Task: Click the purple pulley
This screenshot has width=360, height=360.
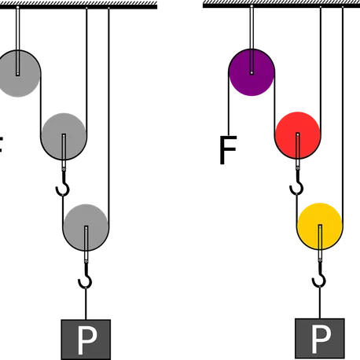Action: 252,72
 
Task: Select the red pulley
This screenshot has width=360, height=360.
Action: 297,135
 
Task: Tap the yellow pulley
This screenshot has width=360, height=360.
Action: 320,226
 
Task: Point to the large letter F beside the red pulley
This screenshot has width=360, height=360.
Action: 228,150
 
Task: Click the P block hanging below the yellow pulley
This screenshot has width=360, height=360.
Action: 320,339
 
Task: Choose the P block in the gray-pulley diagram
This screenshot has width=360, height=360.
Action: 86,340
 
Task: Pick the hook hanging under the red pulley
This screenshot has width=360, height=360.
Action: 297,183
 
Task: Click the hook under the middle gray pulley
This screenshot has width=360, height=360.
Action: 63,184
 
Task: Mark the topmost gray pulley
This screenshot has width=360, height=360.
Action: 18,73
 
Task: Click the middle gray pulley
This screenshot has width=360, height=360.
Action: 64,137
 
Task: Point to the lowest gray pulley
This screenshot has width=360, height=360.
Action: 86,227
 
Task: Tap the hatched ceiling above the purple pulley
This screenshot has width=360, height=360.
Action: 281,4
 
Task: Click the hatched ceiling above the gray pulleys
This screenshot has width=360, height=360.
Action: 79,5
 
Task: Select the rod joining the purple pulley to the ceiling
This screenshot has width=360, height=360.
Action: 252,39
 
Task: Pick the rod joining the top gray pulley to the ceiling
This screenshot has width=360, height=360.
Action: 18,41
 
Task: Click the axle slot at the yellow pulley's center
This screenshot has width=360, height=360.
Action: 320,237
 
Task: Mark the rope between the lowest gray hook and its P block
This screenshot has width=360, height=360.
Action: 86,304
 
